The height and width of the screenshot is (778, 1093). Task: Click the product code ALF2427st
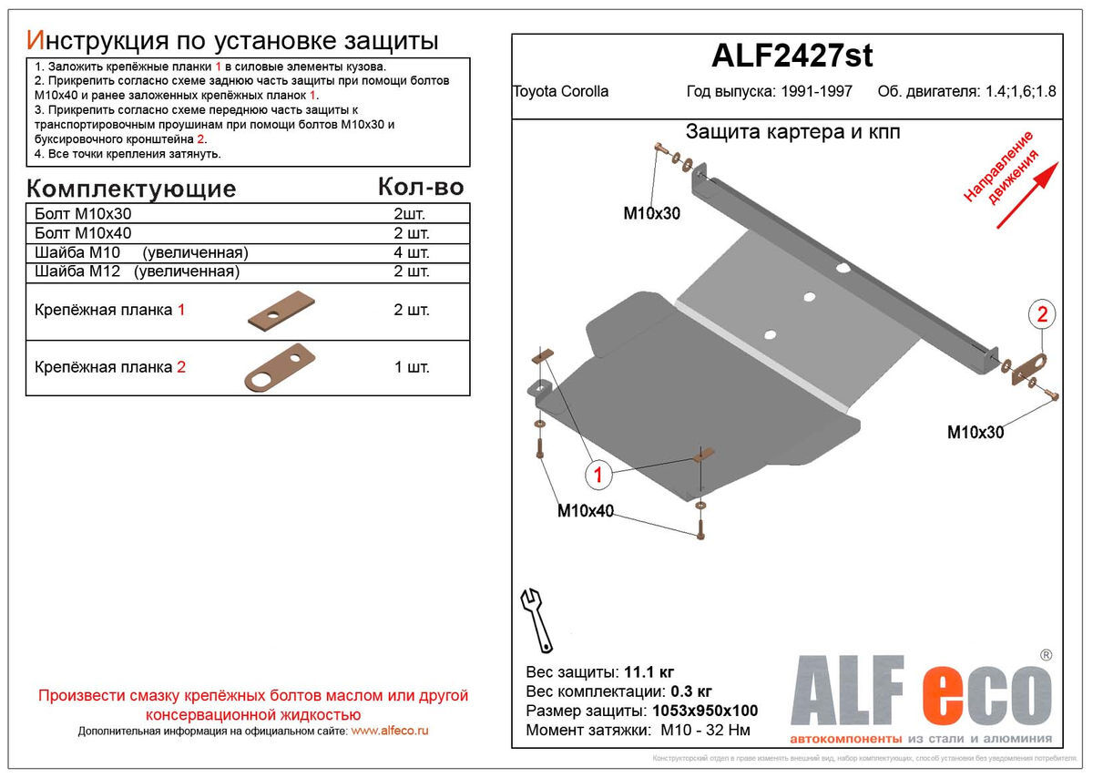tap(791, 56)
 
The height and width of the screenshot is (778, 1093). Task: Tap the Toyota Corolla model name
tap(561, 91)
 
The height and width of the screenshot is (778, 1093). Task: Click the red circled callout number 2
tap(1042, 315)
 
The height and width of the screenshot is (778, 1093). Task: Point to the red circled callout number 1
tap(598, 474)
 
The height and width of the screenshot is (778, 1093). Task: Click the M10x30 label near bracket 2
tap(976, 433)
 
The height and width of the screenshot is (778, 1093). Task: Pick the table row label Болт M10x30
tap(82, 214)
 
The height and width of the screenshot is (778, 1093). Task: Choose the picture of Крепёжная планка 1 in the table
tap(281, 312)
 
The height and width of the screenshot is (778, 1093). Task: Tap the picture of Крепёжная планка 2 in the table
tap(279, 368)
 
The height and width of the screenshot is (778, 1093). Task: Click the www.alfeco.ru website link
tap(389, 731)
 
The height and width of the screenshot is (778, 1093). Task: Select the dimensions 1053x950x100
tap(705, 711)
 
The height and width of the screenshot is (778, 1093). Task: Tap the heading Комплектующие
tap(131, 189)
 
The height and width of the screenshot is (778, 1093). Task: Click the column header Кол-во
tap(420, 187)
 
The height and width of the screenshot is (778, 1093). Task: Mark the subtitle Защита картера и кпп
tap(792, 132)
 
